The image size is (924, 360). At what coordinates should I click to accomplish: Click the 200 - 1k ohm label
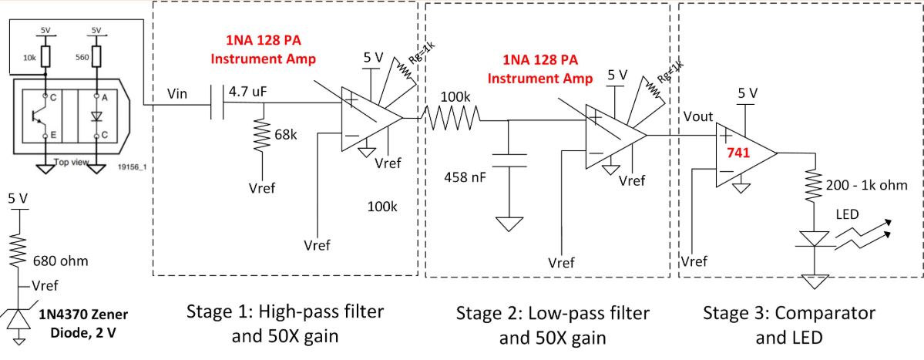tap(866, 185)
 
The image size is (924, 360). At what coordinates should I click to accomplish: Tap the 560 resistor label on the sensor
tap(82, 56)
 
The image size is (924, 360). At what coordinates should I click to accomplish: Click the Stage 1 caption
tap(285, 325)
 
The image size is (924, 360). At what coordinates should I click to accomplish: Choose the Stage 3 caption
tap(790, 325)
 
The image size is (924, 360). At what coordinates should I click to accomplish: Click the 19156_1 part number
tap(133, 166)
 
